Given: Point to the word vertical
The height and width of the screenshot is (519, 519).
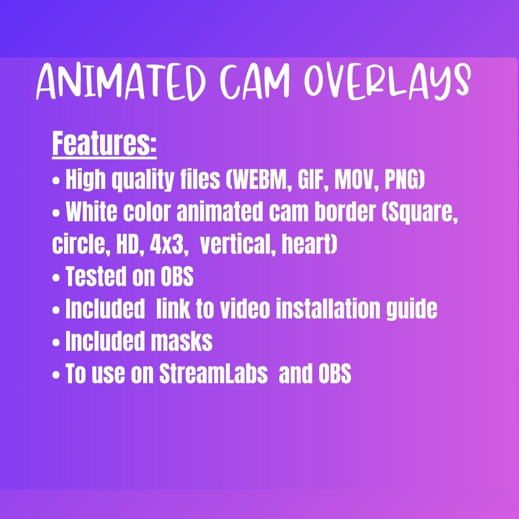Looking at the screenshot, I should pos(235,245).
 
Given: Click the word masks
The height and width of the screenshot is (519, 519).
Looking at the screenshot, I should pos(184,342).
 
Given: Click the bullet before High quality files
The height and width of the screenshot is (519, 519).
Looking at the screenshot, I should pos(56,180).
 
